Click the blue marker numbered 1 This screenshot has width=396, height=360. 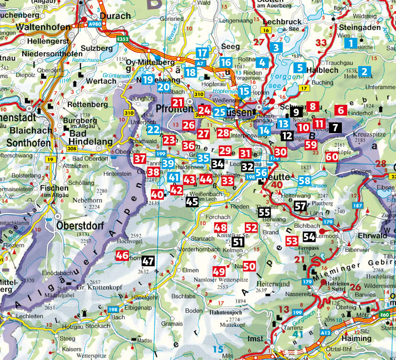(x=351, y=44)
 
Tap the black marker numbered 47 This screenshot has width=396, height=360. (x=148, y=261)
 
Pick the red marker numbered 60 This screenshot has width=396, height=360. (x=332, y=157)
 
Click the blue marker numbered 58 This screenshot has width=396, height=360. (x=305, y=181)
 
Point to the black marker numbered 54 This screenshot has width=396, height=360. (x=309, y=236)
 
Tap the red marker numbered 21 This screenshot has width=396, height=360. (x=178, y=102)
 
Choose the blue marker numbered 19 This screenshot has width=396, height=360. (x=147, y=79)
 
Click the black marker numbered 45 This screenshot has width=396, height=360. (x=192, y=202)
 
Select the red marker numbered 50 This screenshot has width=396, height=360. (x=249, y=266)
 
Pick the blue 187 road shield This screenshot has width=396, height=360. (x=357, y=205)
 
